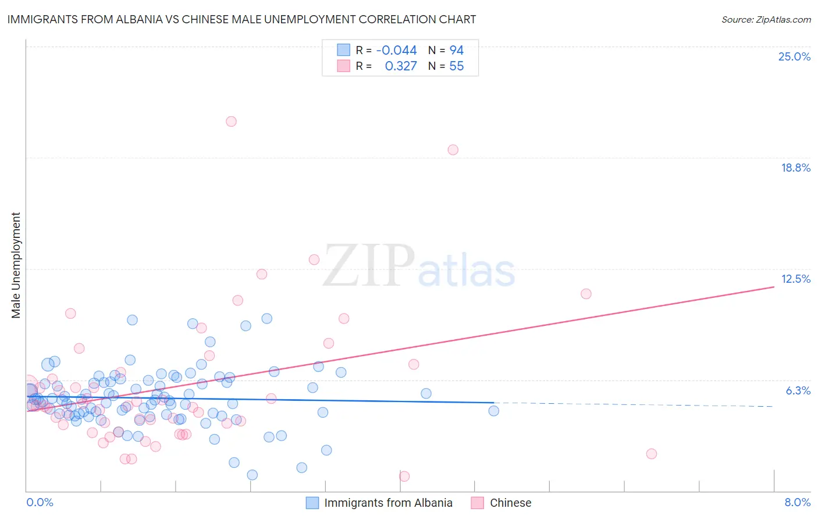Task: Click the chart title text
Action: [x=241, y=19]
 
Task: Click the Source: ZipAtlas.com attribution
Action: [x=766, y=19]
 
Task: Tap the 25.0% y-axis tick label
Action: [x=794, y=56]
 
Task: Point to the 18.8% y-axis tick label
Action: [x=795, y=168]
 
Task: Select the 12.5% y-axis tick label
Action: [x=795, y=279]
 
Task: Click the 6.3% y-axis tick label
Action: [x=798, y=390]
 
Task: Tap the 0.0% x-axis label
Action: [x=40, y=502]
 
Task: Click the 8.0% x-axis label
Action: [x=797, y=502]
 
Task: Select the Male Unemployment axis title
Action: [x=16, y=265]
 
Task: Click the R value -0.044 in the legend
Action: [x=396, y=51]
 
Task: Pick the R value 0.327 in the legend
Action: [x=401, y=66]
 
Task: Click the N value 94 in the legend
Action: [x=456, y=51]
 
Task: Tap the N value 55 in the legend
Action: [x=456, y=66]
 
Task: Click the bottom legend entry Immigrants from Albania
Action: [x=387, y=503]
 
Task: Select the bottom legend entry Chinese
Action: [x=510, y=503]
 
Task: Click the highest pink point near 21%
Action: [x=231, y=122]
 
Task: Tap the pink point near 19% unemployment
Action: [x=453, y=150]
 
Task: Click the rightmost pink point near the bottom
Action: [x=651, y=454]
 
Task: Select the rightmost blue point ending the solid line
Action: [x=493, y=411]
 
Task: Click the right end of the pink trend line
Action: [x=773, y=287]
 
